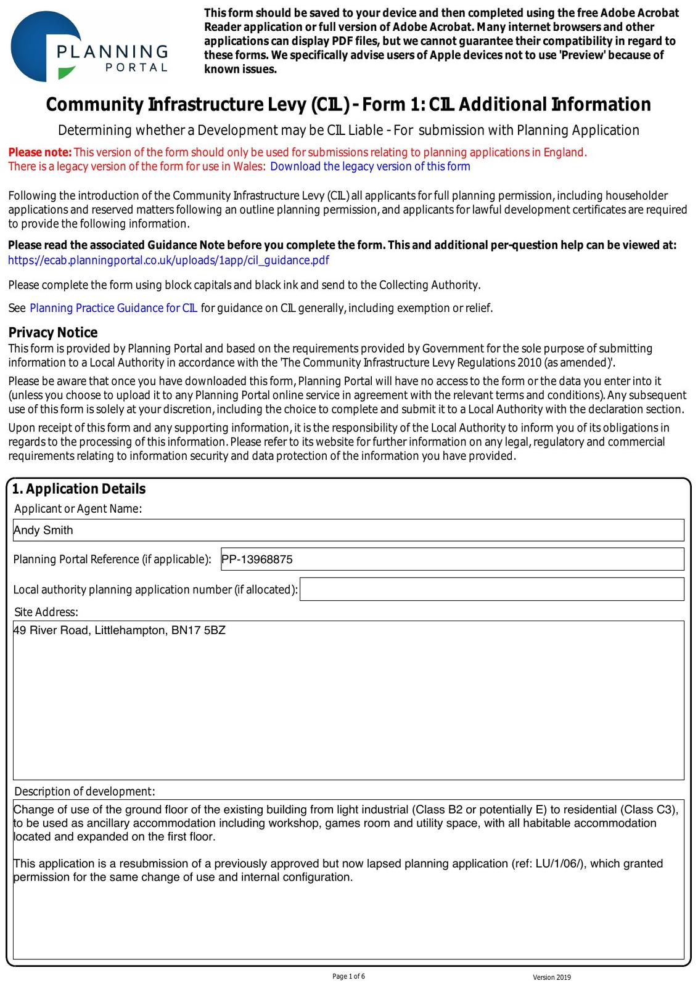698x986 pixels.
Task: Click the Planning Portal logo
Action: pyautogui.click(x=89, y=47)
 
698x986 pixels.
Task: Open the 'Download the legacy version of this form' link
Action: pyautogui.click(x=370, y=166)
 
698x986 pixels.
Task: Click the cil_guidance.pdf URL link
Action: pyautogui.click(x=168, y=260)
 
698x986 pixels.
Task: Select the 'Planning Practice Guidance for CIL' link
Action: pyautogui.click(x=113, y=308)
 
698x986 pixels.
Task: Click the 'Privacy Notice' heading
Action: pyautogui.click(x=53, y=333)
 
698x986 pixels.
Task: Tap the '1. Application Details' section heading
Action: pyautogui.click(x=79, y=489)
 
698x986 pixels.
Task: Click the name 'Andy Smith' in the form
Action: pyautogui.click(x=43, y=530)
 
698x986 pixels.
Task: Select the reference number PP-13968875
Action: pyautogui.click(x=257, y=560)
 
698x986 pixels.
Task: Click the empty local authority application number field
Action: pyautogui.click(x=491, y=589)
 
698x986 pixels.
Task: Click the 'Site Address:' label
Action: pyautogui.click(x=46, y=612)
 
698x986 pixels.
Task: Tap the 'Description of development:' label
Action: pyautogui.click(x=84, y=791)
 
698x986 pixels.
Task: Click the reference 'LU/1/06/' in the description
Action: pyautogui.click(x=559, y=863)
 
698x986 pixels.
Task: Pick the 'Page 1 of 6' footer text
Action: pyautogui.click(x=348, y=976)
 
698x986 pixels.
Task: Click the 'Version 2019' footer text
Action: pyautogui.click(x=552, y=977)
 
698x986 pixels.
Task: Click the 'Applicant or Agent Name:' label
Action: pyautogui.click(x=78, y=508)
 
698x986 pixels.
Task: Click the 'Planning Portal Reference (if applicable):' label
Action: pyautogui.click(x=112, y=560)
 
